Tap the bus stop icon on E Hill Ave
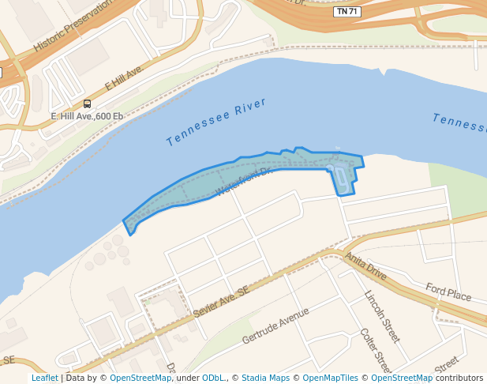(87, 104)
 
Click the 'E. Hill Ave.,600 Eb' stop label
(87, 116)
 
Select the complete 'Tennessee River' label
(216, 122)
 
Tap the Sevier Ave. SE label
(220, 303)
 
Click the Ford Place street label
(448, 292)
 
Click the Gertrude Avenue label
(275, 326)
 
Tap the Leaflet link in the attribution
(44, 378)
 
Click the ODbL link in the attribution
(213, 378)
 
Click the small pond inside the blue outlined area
(341, 179)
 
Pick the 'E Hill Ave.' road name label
(123, 79)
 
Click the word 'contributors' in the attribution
(459, 378)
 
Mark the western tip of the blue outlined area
(124, 221)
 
